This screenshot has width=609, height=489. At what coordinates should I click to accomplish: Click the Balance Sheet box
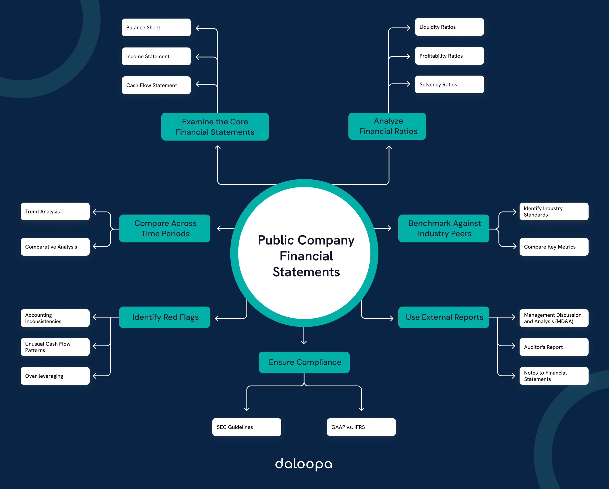[x=156, y=27]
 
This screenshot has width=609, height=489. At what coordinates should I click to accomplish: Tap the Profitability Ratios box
[x=449, y=56]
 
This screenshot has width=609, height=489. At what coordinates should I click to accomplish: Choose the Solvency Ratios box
[x=449, y=84]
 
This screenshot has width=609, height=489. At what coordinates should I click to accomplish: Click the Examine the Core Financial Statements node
[x=215, y=126]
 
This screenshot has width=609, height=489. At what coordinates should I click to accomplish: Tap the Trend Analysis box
[x=55, y=211]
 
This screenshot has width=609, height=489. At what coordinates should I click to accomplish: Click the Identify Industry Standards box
[x=554, y=211]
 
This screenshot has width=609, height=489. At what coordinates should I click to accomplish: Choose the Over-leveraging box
[x=55, y=376]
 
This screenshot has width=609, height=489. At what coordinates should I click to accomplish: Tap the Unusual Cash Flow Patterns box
[x=55, y=347]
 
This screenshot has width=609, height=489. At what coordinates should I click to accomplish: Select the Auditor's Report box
[x=554, y=347]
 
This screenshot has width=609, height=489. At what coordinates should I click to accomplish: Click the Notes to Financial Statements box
[x=554, y=376]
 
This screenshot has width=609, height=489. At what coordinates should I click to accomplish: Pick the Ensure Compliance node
[x=304, y=362]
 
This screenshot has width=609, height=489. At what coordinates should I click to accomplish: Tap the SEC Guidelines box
[x=247, y=427]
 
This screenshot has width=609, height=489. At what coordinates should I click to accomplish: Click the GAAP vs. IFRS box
[x=361, y=427]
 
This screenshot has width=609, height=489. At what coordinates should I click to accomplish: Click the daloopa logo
[x=304, y=464]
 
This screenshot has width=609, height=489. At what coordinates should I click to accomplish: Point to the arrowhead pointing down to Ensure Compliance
[x=304, y=342]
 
